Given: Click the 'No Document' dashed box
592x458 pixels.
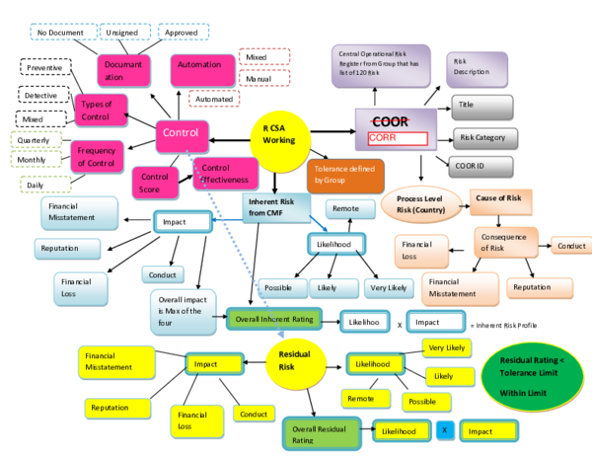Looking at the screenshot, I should click(x=60, y=34).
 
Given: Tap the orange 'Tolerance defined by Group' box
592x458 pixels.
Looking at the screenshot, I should click(x=343, y=175).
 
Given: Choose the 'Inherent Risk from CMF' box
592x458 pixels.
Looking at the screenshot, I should click(x=273, y=208).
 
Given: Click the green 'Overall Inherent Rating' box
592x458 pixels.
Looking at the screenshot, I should click(x=275, y=319).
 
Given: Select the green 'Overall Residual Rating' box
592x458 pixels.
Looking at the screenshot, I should click(x=325, y=431).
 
